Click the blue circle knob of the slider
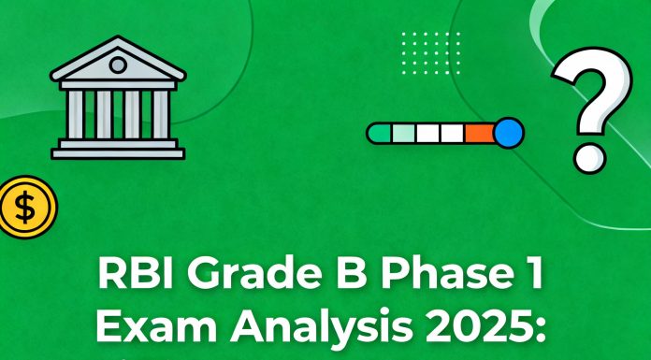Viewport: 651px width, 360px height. point(508,133)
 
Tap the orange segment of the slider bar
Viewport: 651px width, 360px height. point(478,133)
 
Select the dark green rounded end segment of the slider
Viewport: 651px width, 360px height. point(380,133)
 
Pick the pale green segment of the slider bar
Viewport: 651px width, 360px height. point(404,133)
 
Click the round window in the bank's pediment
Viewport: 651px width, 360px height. point(118,65)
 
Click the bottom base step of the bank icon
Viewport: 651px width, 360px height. point(118,151)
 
